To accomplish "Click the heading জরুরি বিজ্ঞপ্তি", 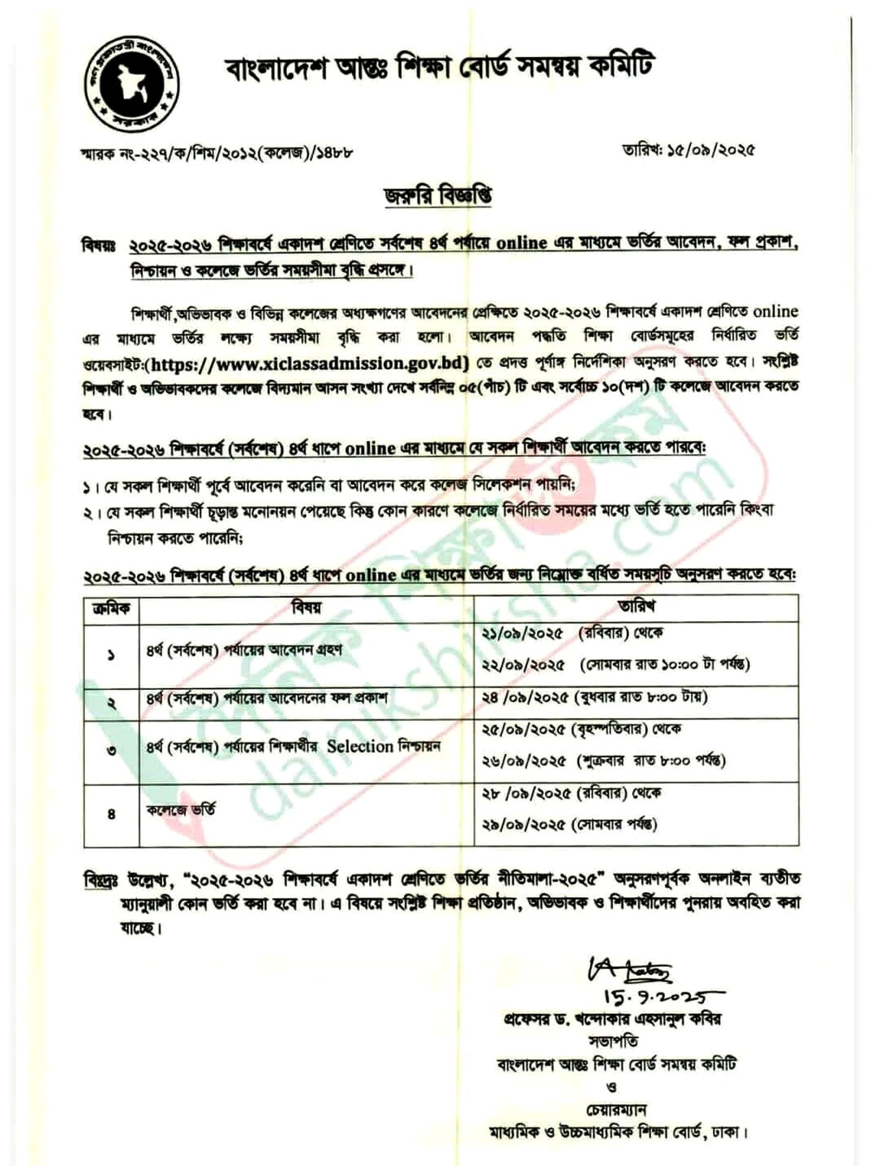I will pyautogui.click(x=439, y=196).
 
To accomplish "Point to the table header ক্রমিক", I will pyautogui.click(x=111, y=607).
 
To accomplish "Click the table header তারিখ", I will pyautogui.click(x=636, y=607).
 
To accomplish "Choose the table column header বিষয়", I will pyautogui.click(x=306, y=607).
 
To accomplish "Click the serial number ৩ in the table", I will pyautogui.click(x=111, y=750).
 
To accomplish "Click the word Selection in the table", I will pyautogui.click(x=360, y=747).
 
